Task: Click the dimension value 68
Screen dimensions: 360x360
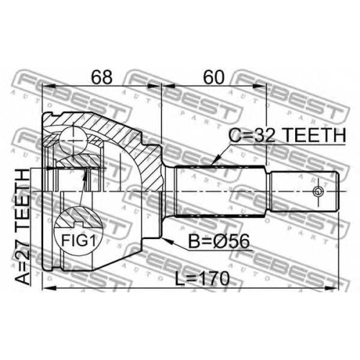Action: click(x=102, y=77)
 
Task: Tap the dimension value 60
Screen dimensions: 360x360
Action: click(x=213, y=77)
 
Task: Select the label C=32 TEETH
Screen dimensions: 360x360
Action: click(x=287, y=135)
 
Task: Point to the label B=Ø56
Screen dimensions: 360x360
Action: click(x=219, y=241)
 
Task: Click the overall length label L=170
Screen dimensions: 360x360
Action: click(x=202, y=279)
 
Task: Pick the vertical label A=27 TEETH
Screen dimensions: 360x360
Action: click(x=22, y=227)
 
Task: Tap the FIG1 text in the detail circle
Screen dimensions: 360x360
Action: click(x=78, y=240)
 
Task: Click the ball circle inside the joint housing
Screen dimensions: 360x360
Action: click(x=73, y=140)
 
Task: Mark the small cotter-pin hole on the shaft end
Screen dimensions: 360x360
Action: click(x=318, y=192)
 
